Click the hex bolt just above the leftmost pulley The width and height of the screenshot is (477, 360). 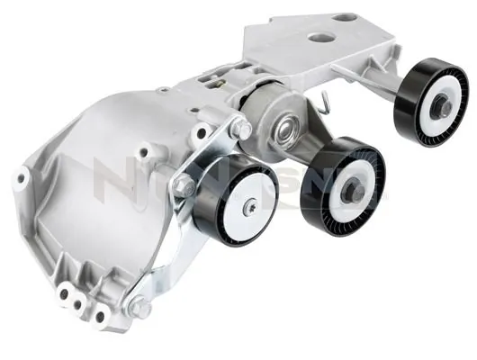click(242, 130)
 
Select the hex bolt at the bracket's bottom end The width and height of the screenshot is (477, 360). click(139, 306)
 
